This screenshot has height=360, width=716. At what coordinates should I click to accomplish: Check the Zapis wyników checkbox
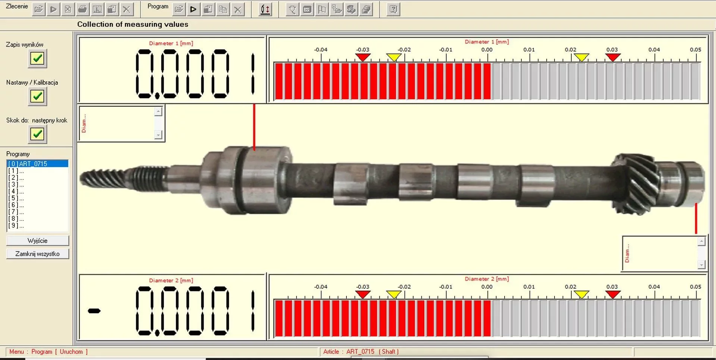pyautogui.click(x=37, y=59)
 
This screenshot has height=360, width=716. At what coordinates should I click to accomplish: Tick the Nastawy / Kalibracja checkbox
pyautogui.click(x=37, y=97)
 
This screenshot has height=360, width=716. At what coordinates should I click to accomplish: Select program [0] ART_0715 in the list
pyautogui.click(x=37, y=164)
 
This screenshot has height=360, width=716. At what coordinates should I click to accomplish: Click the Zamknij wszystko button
pyautogui.click(x=37, y=254)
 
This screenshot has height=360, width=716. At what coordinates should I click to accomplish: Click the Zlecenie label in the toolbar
pyautogui.click(x=17, y=6)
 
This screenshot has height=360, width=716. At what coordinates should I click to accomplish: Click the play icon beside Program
pyautogui.click(x=193, y=9)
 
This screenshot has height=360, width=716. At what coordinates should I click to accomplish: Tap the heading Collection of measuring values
pyautogui.click(x=133, y=25)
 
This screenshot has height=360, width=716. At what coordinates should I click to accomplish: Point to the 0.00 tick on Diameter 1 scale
pyautogui.click(x=487, y=57)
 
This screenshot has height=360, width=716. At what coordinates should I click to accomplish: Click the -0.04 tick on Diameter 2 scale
pyautogui.click(x=321, y=294)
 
